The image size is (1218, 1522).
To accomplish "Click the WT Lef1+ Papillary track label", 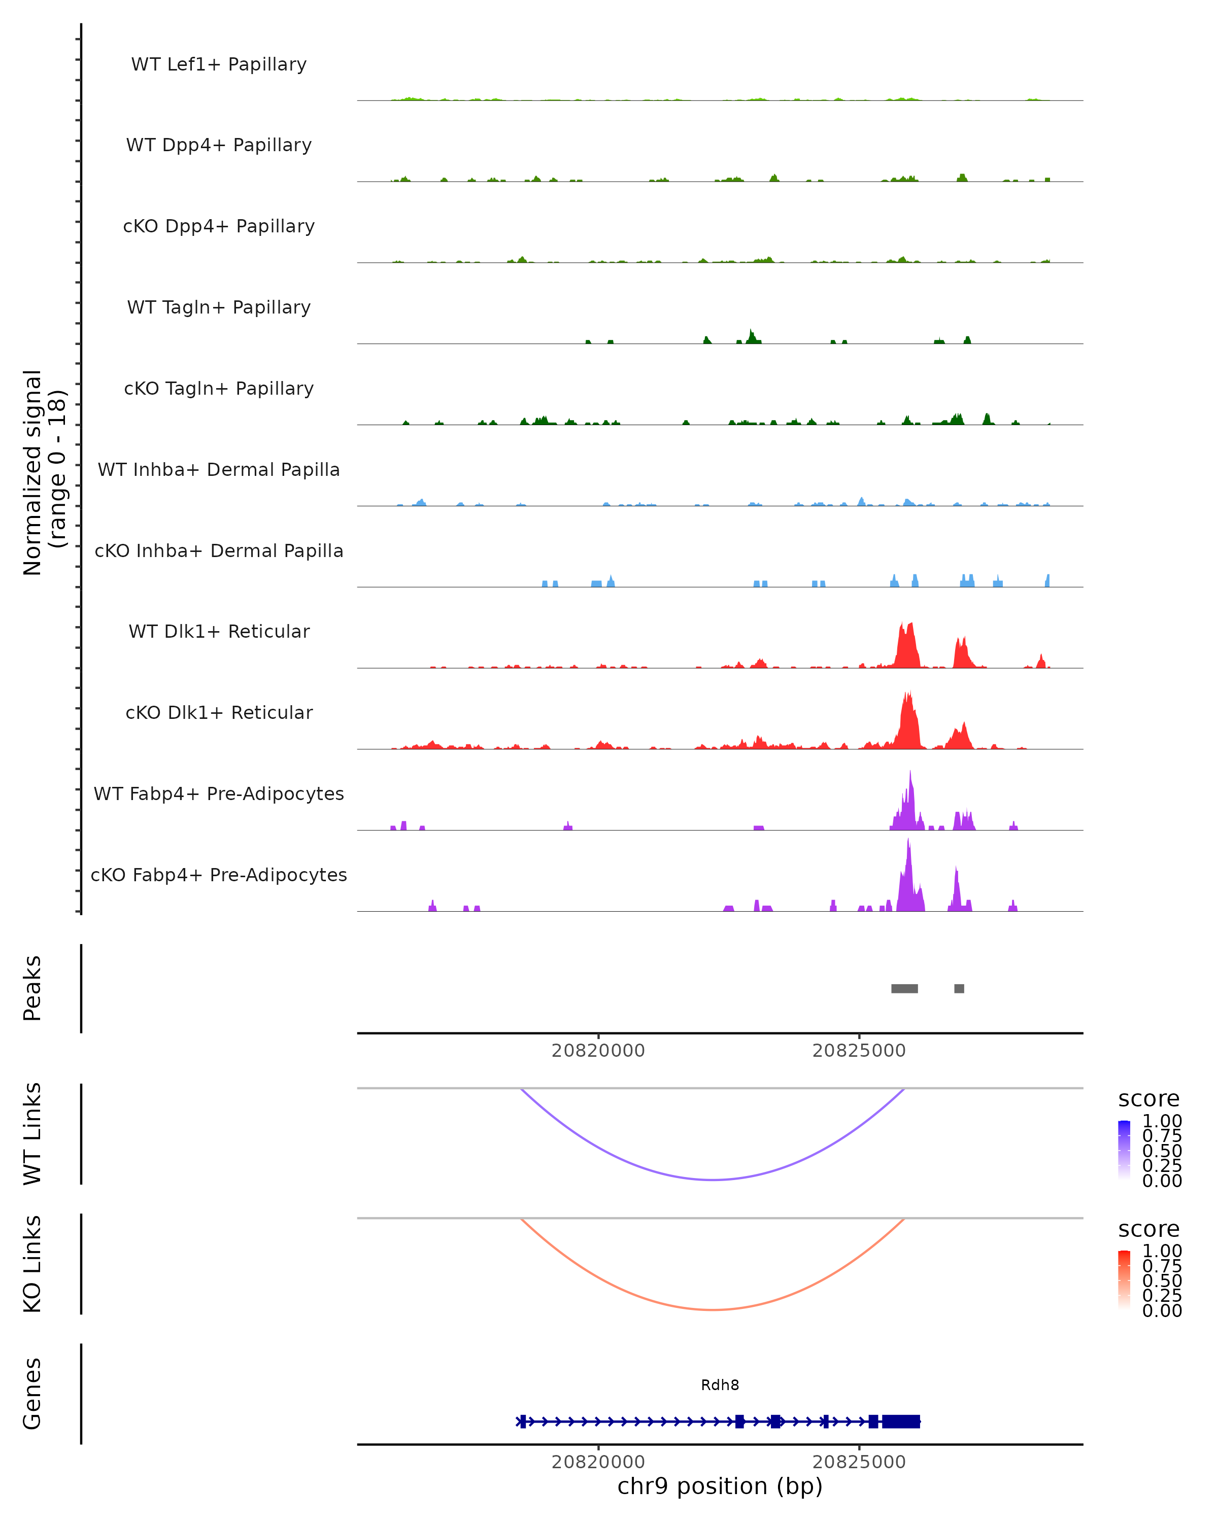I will [219, 64].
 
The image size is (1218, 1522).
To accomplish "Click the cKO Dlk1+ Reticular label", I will [219, 712].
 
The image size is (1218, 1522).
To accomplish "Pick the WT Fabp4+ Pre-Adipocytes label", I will [219, 793].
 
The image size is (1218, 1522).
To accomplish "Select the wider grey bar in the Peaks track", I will [904, 988].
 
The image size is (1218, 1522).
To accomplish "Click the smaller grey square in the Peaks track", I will [959, 988].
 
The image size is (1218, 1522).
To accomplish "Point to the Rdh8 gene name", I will [720, 1385].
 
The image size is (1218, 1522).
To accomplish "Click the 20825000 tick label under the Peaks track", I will [859, 1051].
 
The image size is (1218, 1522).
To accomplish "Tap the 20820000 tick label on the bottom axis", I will [598, 1462].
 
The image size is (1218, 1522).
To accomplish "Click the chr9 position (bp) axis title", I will [720, 1486].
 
